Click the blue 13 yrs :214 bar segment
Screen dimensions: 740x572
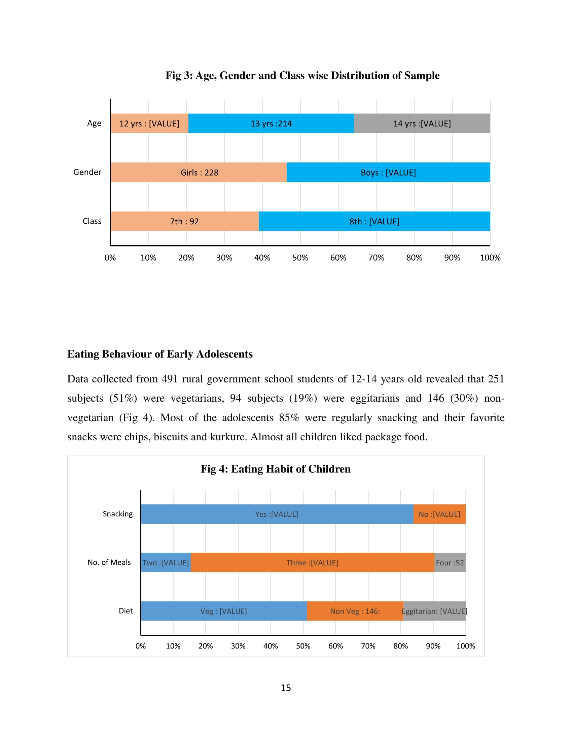pyautogui.click(x=271, y=123)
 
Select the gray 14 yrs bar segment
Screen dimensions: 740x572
pyautogui.click(x=422, y=123)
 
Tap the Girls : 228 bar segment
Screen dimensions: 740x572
pyautogui.click(x=199, y=172)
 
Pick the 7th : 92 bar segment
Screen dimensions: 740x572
pyautogui.click(x=184, y=221)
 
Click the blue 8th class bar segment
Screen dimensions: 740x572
pyautogui.click(x=374, y=221)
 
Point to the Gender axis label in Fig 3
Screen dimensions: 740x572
pyautogui.click(x=87, y=172)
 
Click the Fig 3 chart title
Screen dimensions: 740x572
pyautogui.click(x=302, y=75)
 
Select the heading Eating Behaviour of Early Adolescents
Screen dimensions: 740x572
pyautogui.click(x=160, y=354)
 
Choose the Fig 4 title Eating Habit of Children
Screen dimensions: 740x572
pyautogui.click(x=276, y=469)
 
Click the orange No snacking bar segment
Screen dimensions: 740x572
pyautogui.click(x=439, y=514)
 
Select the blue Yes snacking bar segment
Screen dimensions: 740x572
pyautogui.click(x=277, y=514)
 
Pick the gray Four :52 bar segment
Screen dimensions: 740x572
pyautogui.click(x=450, y=562)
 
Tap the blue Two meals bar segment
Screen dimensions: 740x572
pyautogui.click(x=166, y=562)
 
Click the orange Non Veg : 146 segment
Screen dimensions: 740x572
pyautogui.click(x=355, y=611)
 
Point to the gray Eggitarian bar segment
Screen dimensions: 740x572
pyautogui.click(x=434, y=611)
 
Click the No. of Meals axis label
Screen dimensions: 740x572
pyautogui.click(x=109, y=562)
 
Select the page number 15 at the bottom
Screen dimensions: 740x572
pyautogui.click(x=286, y=688)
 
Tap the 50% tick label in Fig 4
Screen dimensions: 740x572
pyautogui.click(x=303, y=646)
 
